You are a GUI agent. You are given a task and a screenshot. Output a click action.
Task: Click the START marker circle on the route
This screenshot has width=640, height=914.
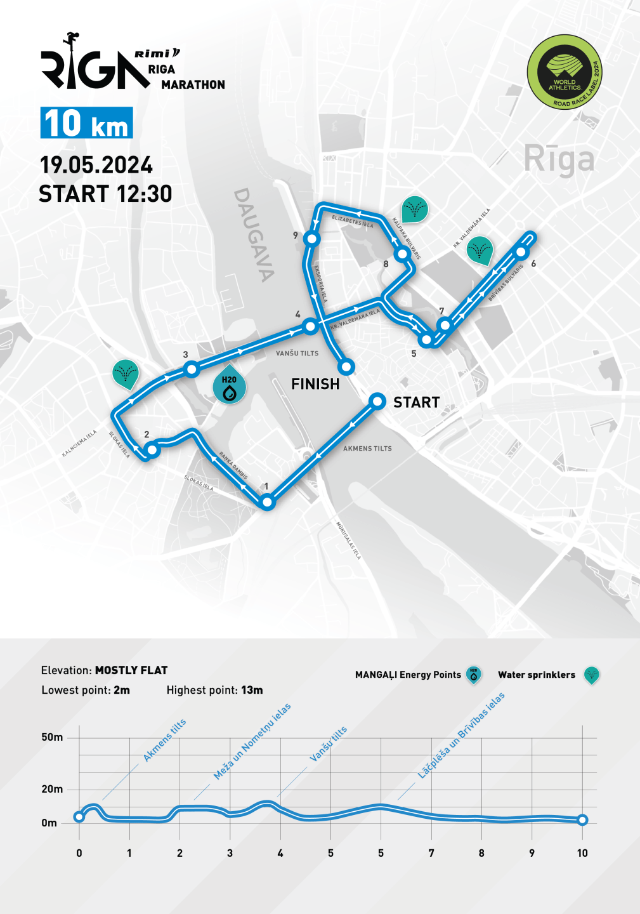click(x=377, y=401)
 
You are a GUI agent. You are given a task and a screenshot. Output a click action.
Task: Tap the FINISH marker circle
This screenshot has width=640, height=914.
click(x=346, y=367)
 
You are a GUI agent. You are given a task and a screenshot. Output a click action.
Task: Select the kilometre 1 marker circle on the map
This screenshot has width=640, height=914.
click(x=268, y=502)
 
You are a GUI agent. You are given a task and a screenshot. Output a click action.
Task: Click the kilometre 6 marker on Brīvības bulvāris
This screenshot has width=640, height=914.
click(x=521, y=252)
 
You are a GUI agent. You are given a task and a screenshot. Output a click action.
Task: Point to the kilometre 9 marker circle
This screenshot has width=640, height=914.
click(x=311, y=239)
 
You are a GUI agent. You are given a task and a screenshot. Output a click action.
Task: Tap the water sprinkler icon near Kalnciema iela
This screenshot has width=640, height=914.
click(x=126, y=373)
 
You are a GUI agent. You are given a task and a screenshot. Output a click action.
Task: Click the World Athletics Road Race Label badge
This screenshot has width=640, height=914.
click(x=565, y=72)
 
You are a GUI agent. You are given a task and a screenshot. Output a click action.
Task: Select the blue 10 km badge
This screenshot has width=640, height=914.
click(x=86, y=123)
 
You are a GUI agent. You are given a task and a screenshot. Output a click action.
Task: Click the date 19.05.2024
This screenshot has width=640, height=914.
click(x=96, y=165)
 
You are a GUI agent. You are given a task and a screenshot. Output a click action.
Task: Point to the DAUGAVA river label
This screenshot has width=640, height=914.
click(x=254, y=234)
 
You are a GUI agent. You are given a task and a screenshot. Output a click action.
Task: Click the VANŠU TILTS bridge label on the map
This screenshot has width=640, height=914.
click(x=297, y=354)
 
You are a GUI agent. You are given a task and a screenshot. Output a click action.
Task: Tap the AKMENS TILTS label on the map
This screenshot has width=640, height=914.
click(x=367, y=449)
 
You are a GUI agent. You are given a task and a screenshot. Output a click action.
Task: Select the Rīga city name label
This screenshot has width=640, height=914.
click(x=559, y=159)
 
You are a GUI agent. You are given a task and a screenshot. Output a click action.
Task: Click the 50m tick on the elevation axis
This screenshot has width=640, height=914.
click(x=52, y=737)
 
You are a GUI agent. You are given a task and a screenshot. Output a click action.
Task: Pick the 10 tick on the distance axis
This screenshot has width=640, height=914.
click(x=582, y=853)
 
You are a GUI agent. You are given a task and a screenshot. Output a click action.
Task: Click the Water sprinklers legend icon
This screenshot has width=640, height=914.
click(x=591, y=675)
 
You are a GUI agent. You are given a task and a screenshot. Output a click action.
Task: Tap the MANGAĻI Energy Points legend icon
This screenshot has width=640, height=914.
click(x=473, y=675)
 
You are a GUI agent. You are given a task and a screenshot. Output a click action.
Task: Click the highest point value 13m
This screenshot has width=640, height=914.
click(x=252, y=690)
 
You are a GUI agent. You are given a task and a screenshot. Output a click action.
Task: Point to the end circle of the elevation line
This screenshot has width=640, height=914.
click(x=582, y=820)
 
